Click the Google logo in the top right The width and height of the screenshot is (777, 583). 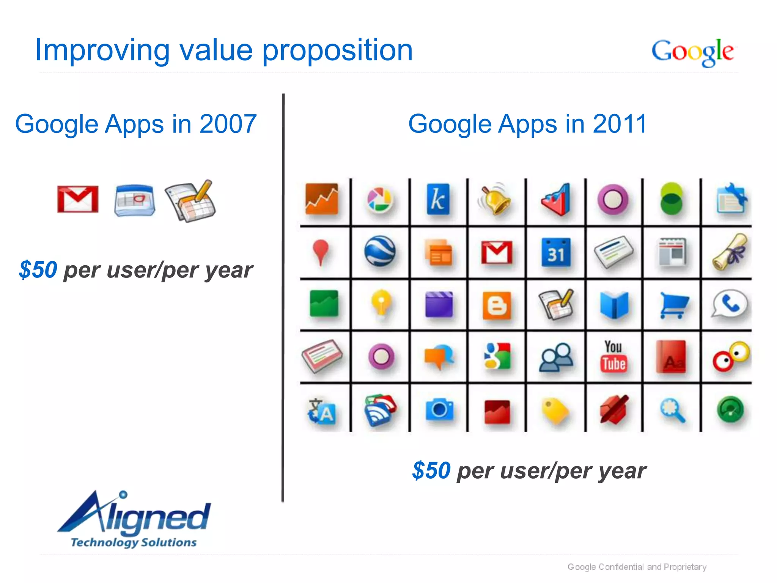692,52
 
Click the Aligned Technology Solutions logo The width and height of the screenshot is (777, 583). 134,520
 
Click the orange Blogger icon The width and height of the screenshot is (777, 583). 497,305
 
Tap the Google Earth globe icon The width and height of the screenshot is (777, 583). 380,251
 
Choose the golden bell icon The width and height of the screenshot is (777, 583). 495,199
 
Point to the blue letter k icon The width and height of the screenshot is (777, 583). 438,199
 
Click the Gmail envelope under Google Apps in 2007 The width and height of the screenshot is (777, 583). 78,199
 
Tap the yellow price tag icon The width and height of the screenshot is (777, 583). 555,410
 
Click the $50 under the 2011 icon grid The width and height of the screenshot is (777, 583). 431,471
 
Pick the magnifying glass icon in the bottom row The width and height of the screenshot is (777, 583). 673,410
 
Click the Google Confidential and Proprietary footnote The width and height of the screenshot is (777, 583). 637,567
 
